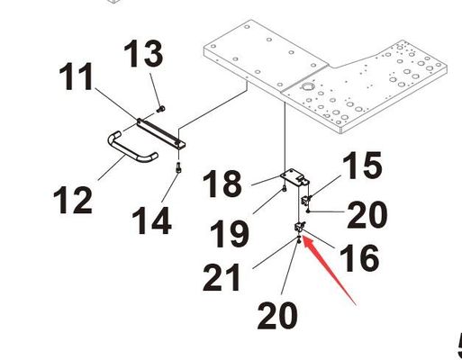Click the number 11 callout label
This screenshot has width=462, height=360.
[77, 76]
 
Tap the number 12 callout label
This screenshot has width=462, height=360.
[72, 200]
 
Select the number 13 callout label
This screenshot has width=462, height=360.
[144, 54]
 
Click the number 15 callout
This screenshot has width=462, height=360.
[362, 165]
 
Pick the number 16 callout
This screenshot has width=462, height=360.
[359, 257]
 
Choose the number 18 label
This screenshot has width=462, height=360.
[222, 184]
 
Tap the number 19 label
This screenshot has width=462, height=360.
[230, 234]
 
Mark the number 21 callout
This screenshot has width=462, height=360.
[222, 278]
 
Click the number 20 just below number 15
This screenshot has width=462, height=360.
[367, 215]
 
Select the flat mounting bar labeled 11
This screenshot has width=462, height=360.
[161, 133]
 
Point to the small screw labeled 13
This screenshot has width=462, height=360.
[161, 109]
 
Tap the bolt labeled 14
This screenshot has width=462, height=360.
[179, 167]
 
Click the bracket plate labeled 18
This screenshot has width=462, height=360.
[294, 177]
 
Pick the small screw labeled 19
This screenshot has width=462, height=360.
[284, 189]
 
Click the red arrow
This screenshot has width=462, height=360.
[330, 270]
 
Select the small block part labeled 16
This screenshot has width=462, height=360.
[299, 227]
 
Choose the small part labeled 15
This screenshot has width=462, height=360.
[307, 199]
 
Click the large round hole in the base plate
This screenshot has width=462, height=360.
[307, 87]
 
